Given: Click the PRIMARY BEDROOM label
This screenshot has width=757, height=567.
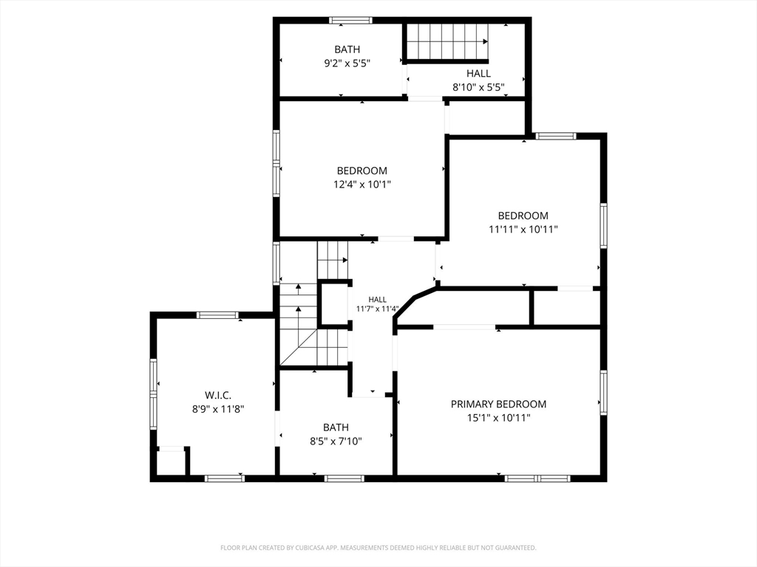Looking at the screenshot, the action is (x=498, y=404).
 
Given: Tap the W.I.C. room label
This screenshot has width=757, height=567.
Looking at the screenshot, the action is (x=218, y=396).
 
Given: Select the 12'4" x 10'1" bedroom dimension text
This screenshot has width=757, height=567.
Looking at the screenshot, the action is (x=362, y=184).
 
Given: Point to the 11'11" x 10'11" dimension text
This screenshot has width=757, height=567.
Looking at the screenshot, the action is (x=523, y=230).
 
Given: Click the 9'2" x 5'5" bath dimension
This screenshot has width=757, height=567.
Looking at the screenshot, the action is (x=347, y=63).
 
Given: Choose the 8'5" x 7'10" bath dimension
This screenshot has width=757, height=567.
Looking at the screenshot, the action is (x=336, y=441).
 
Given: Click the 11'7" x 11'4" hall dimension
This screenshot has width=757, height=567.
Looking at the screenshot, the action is (x=377, y=309).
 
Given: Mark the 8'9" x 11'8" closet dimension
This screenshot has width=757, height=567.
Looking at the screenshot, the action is (x=218, y=409).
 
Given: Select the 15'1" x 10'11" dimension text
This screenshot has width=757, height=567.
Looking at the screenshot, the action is (x=499, y=418).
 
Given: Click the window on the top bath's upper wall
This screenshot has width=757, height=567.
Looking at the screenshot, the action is (x=351, y=20).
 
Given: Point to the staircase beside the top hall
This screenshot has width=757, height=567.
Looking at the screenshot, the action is (x=447, y=41).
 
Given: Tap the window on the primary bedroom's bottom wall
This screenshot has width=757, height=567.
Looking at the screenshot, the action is (x=537, y=478).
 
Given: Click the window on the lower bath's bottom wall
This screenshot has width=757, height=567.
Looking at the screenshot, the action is (x=344, y=478).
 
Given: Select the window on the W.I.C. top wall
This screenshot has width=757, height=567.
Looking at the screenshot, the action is (x=218, y=315).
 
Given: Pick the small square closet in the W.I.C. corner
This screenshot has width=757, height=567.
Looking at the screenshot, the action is (x=172, y=462).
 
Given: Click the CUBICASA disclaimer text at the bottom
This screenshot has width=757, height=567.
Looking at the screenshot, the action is (x=378, y=548).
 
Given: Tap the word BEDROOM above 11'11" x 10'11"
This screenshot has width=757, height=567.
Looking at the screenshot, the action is (x=523, y=216).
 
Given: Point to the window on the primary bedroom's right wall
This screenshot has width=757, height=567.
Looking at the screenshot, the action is (x=603, y=393).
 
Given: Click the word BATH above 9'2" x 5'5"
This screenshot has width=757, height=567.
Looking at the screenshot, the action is (x=347, y=49).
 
